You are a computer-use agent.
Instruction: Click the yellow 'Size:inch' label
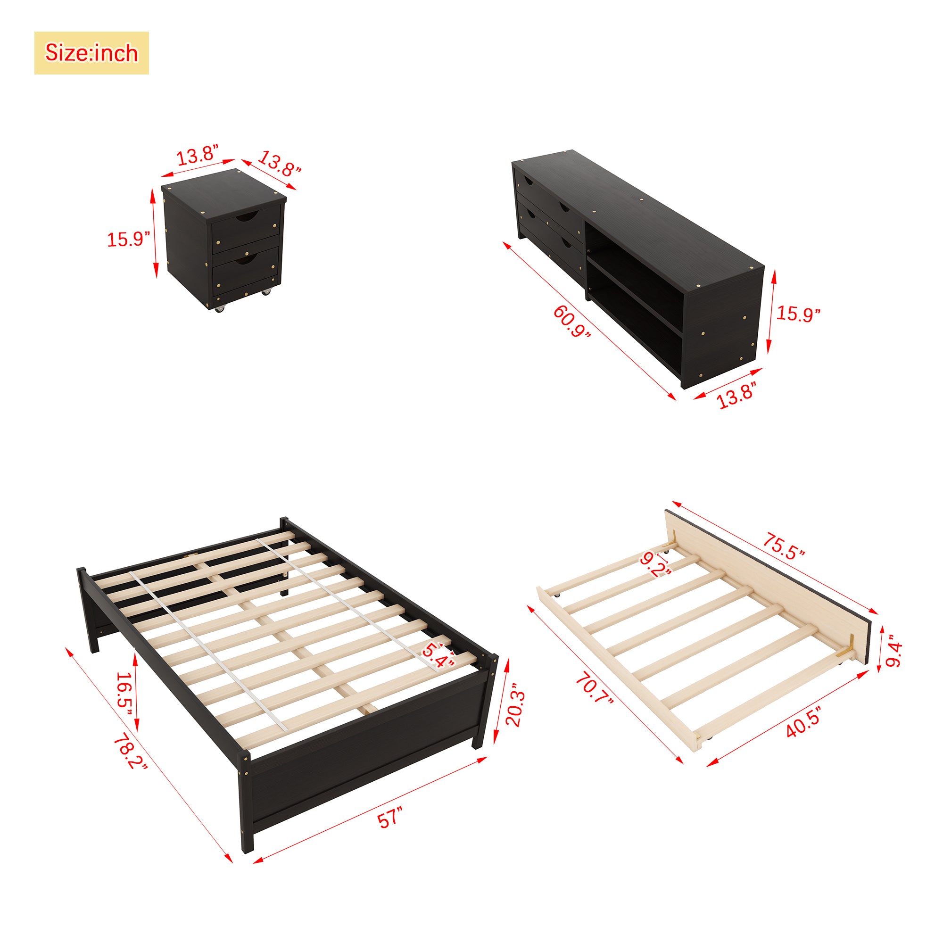[91, 53]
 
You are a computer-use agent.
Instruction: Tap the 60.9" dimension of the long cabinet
[571, 321]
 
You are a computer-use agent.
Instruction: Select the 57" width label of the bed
[390, 817]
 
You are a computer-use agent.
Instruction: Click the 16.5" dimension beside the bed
[124, 694]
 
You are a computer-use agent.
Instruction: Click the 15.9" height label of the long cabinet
[798, 314]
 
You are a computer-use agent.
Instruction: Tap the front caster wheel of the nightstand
[220, 308]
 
